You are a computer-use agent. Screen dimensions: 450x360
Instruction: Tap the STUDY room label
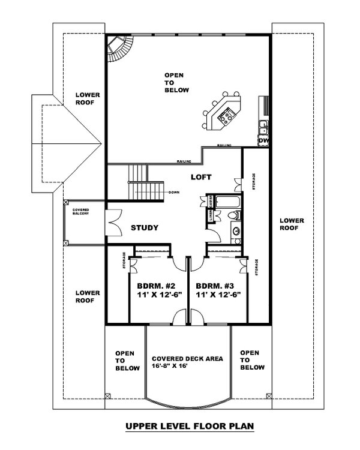tap(145, 228)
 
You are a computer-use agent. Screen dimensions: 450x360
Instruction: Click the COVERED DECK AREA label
tap(187, 358)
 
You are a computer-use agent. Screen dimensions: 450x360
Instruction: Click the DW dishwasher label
tap(263, 140)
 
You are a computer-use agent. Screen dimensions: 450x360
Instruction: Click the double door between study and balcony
tap(114, 222)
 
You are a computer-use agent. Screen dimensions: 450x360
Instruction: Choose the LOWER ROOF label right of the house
tap(292, 224)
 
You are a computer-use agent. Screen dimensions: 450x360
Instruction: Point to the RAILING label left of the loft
tap(184, 162)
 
